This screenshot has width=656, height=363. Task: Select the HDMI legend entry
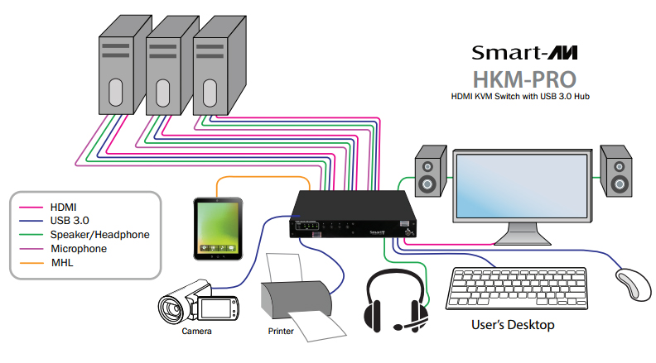(66, 208)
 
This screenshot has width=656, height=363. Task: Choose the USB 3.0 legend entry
(70, 221)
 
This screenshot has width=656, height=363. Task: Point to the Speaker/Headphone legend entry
(99, 235)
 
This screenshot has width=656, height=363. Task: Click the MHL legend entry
(62, 262)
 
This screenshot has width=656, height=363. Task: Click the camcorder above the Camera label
(199, 305)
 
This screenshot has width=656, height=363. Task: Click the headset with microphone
(396, 302)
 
